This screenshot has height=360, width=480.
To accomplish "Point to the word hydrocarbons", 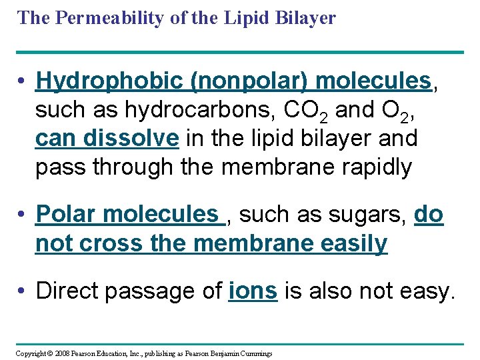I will (x=191, y=110).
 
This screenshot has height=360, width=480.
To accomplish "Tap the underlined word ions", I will (x=253, y=291).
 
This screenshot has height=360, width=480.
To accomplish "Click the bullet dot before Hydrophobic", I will (x=23, y=82).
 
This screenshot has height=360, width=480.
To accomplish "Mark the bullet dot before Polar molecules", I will (x=23, y=215).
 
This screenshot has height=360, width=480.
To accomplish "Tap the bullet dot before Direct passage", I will (x=23, y=291).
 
